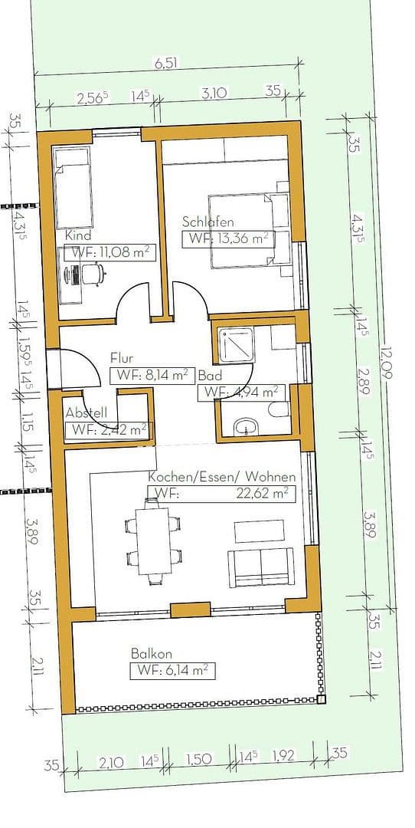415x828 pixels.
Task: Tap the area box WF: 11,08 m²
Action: pos(109,253)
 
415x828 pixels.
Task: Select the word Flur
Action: pos(123,358)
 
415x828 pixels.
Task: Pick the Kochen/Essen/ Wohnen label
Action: pos(221,477)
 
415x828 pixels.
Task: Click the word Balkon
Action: pos(151,654)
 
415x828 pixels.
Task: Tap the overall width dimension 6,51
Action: pos(166,64)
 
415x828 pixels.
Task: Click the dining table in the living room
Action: pos(154,541)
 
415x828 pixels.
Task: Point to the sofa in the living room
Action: pos(260,567)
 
